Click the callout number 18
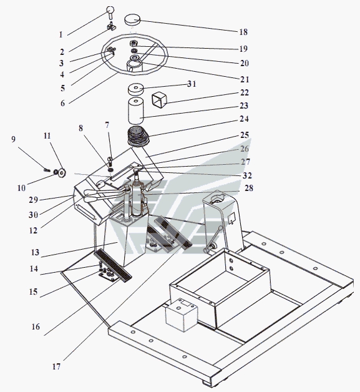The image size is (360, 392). click(x=243, y=32)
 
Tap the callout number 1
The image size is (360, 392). click(x=61, y=34)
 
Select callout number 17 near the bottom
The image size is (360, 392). click(x=56, y=366)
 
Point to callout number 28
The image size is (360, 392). click(x=249, y=188)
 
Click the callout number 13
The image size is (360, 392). click(x=35, y=252)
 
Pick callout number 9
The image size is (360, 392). click(x=13, y=139)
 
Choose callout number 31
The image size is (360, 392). click(x=192, y=84)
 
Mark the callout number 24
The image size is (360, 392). click(x=244, y=119)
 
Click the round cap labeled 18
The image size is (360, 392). click(x=132, y=20)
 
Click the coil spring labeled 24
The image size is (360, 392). click(x=138, y=138)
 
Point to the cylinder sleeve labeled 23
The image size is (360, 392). click(x=136, y=111)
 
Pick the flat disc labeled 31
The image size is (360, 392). click(x=136, y=89)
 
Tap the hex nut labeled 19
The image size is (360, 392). click(x=133, y=43)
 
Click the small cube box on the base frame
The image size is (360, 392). click(x=182, y=315)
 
